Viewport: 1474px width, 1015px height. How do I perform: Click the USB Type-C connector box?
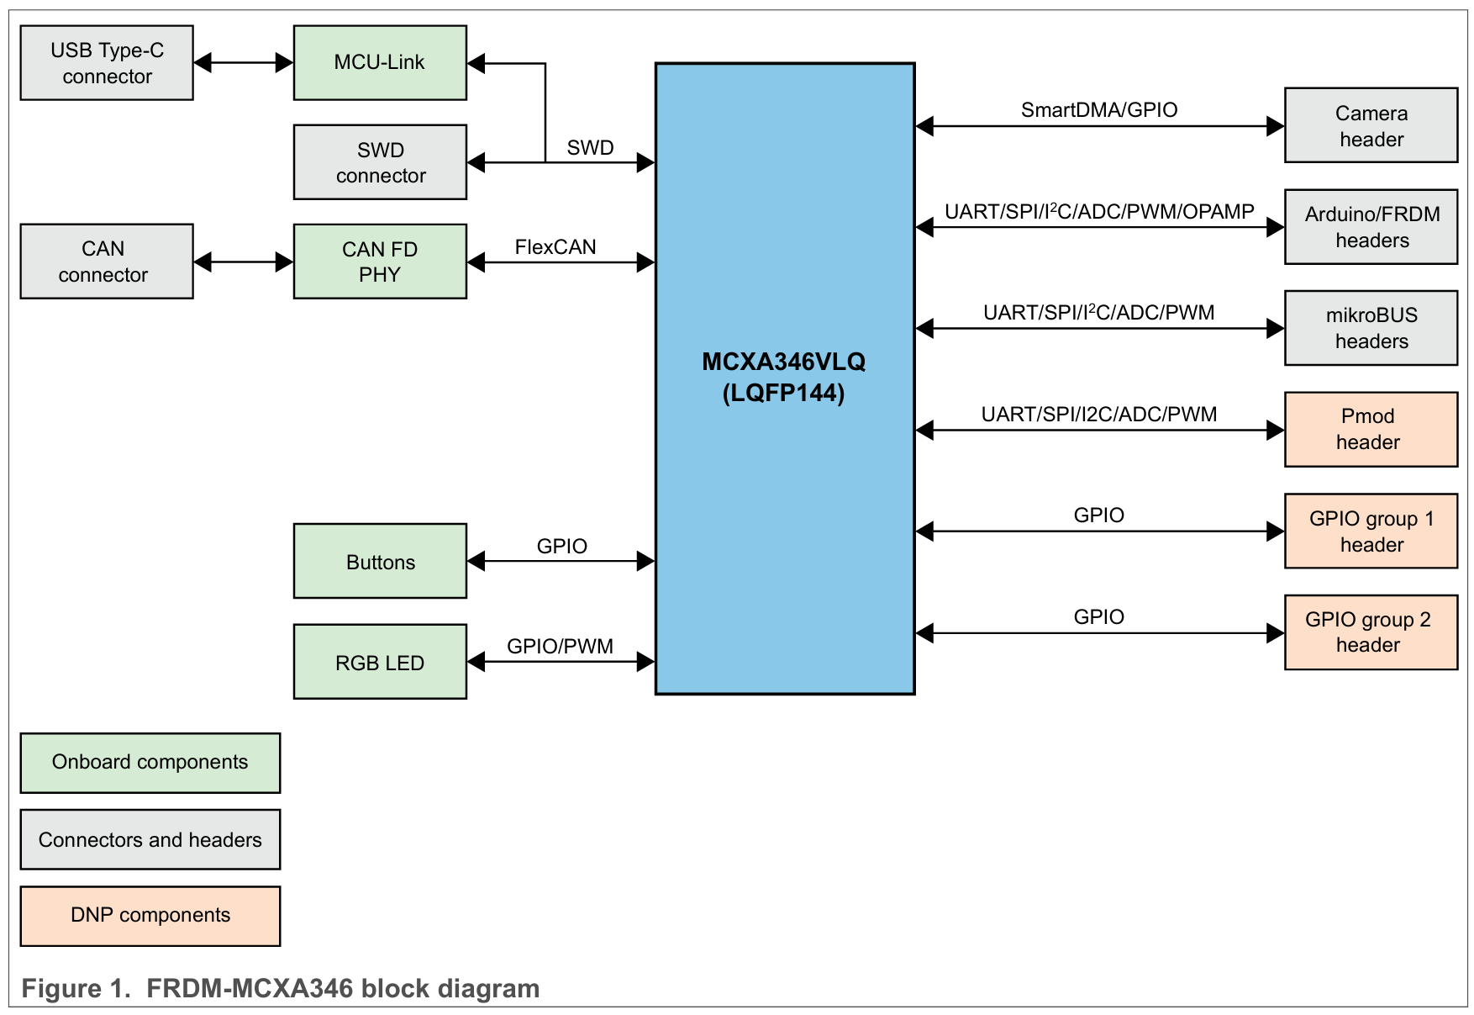[x=107, y=63]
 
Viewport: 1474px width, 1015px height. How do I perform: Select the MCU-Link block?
[x=380, y=63]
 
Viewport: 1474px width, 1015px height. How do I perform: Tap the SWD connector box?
[x=380, y=162]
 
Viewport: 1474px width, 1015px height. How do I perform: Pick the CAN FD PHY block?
[x=380, y=262]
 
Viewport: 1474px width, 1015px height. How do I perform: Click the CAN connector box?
[x=107, y=262]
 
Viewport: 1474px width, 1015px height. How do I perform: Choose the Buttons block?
[x=380, y=562]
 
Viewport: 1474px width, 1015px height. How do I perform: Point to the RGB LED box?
[x=380, y=662]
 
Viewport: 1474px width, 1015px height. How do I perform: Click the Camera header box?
[x=1371, y=125]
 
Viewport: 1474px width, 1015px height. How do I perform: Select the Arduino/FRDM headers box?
[x=1371, y=227]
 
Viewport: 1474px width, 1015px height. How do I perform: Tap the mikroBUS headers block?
[x=1371, y=328]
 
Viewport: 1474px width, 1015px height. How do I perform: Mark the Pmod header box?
[x=1371, y=430]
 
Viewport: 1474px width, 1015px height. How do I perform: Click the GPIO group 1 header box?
[x=1371, y=531]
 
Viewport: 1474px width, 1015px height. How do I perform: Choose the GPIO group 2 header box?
[x=1371, y=632]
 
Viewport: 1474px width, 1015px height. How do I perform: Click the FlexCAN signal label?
[x=555, y=247]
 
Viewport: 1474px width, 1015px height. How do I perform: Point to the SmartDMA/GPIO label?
[x=1099, y=110]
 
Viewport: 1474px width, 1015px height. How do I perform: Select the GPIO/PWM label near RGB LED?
[x=560, y=647]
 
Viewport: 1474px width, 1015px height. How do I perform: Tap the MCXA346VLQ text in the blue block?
[x=783, y=362]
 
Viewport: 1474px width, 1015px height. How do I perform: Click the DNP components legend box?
[x=150, y=916]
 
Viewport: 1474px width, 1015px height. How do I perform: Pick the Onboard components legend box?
[x=150, y=763]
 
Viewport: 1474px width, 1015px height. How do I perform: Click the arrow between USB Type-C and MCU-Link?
[x=243, y=62]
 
